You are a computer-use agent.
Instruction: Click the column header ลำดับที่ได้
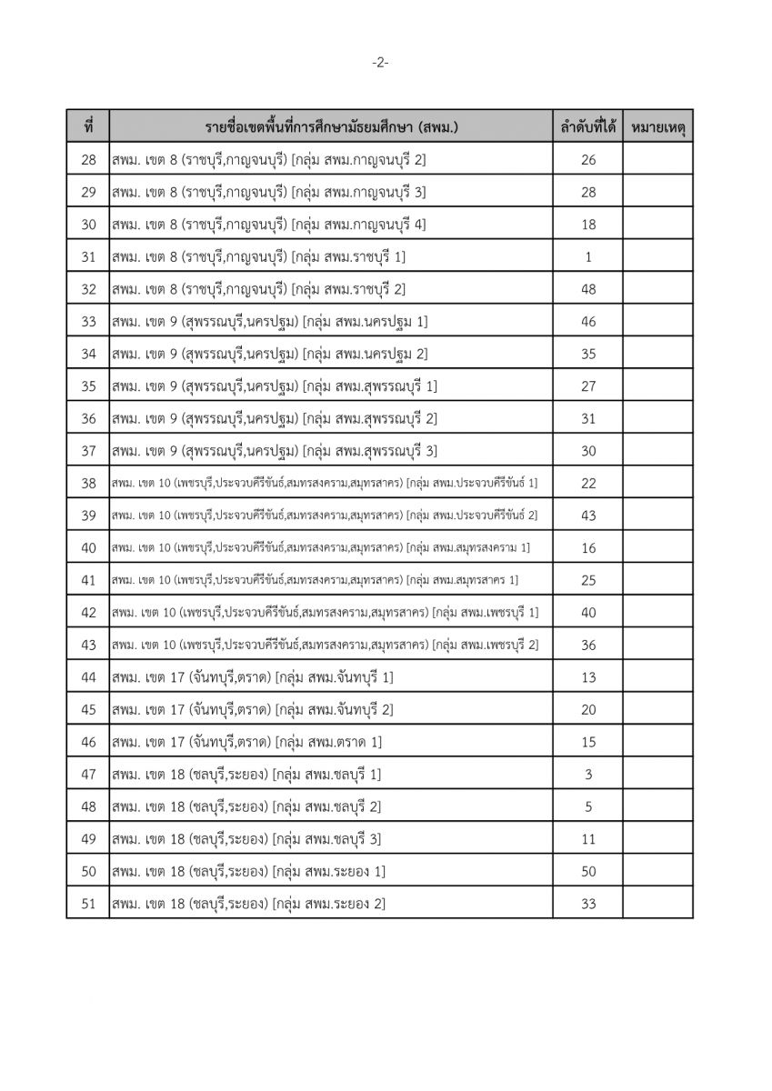[587, 127]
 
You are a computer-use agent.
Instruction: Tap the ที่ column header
[88, 127]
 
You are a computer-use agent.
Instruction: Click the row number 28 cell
[88, 160]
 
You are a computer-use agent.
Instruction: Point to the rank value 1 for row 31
[587, 256]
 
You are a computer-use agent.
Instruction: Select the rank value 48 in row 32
[587, 289]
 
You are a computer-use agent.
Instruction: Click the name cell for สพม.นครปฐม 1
[270, 321]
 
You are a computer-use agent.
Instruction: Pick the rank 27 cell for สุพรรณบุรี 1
[587, 385]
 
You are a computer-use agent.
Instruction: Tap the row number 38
[88, 482]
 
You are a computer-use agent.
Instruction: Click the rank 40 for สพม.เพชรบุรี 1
[587, 612]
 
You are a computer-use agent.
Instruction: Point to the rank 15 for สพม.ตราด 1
[587, 742]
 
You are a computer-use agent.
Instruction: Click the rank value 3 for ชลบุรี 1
[587, 774]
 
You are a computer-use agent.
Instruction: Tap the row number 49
[88, 838]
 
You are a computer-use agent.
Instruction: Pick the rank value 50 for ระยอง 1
[587, 871]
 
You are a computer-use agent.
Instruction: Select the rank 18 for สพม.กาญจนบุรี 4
[587, 225]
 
